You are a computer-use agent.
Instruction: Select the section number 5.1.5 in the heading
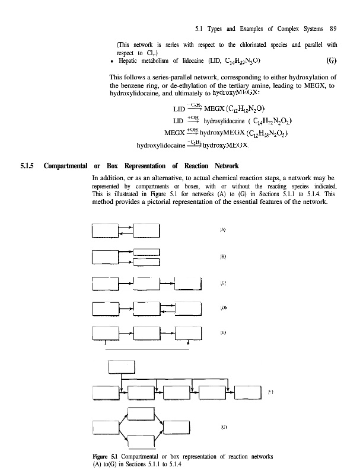pyautogui.click(x=27, y=165)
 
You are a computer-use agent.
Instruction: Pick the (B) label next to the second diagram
pyautogui.click(x=222, y=257)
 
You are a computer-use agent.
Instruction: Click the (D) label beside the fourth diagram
pyautogui.click(x=222, y=308)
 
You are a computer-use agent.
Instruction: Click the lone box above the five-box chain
pyautogui.click(x=121, y=367)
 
